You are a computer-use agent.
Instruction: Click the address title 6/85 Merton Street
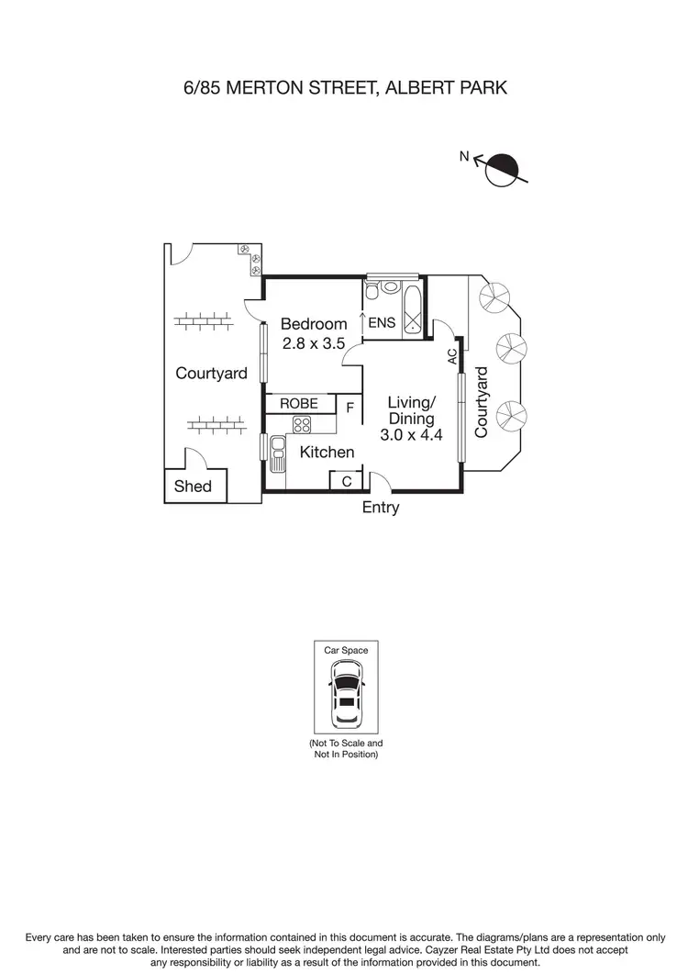[x=344, y=88]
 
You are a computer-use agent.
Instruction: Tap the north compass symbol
[x=502, y=169]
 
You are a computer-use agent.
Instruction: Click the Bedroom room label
[x=314, y=324]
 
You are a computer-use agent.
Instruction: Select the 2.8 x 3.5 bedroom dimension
[x=314, y=344]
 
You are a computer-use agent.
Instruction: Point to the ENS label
[x=381, y=323]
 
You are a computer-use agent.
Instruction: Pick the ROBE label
[x=299, y=404]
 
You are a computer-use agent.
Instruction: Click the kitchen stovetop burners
[x=302, y=424]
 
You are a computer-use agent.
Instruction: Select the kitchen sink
[x=276, y=448]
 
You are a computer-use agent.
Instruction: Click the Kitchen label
[x=327, y=452]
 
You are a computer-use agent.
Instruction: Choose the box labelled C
[x=346, y=481]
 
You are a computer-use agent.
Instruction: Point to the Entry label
[x=381, y=508]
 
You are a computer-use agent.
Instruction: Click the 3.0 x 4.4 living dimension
[x=412, y=436]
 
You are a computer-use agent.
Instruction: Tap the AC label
[x=453, y=356]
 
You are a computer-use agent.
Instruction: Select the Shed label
[x=193, y=487]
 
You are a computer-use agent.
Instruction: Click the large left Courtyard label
[x=212, y=374]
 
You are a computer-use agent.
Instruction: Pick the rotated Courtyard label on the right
[x=483, y=401]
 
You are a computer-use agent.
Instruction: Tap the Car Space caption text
[x=346, y=650]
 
